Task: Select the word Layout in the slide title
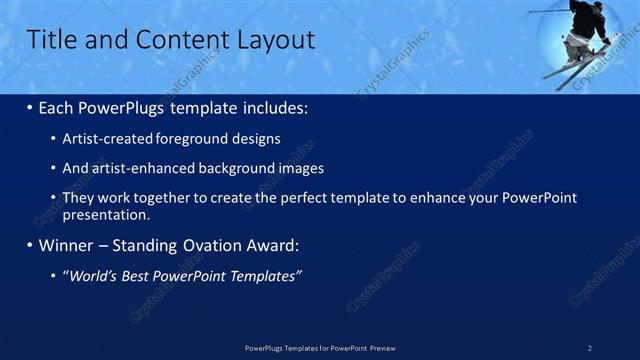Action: tap(275, 40)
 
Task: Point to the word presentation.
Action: tap(106, 214)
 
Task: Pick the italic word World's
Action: tap(91, 276)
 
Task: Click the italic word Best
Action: tap(136, 276)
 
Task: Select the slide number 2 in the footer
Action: tap(590, 348)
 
